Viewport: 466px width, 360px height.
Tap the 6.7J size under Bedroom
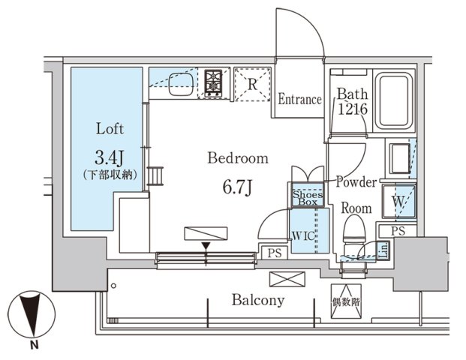coord(237,185)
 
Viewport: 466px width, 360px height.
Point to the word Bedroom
coord(238,158)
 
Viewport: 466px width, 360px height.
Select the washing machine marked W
coord(398,202)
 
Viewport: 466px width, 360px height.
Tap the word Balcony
coord(257,301)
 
